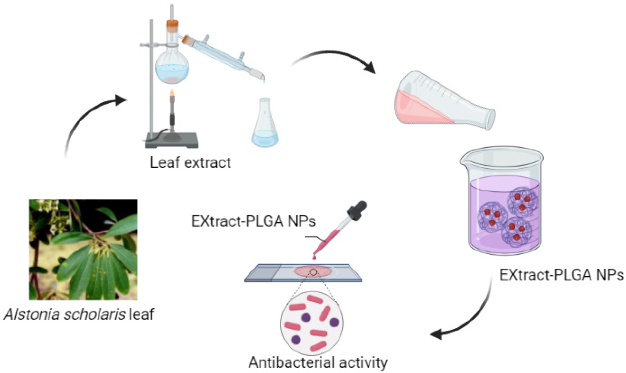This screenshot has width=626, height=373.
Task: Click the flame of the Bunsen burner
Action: pyautogui.click(x=172, y=93)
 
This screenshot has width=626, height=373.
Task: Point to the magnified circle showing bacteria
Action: pyautogui.click(x=312, y=323)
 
